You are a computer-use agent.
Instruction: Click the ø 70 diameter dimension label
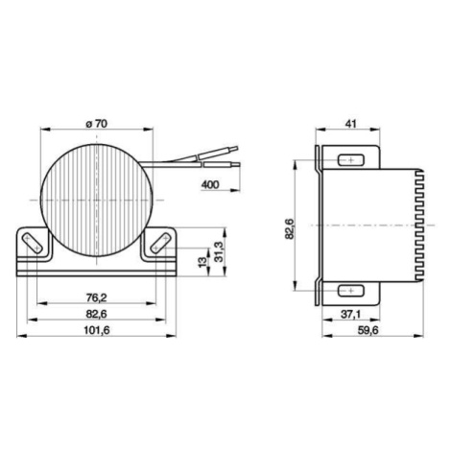tap(97, 124)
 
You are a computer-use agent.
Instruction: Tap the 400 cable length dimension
tap(210, 184)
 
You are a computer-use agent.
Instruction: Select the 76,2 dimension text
tap(96, 297)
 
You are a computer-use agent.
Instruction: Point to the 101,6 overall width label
tap(97, 330)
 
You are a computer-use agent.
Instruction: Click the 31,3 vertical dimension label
tap(219, 251)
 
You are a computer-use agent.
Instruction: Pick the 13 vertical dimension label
tap(202, 262)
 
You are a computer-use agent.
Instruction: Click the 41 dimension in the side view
tap(351, 124)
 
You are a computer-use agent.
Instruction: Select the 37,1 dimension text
tap(350, 315)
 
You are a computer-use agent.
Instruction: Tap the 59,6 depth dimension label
tap(368, 330)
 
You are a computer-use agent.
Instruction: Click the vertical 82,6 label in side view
tap(289, 227)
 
